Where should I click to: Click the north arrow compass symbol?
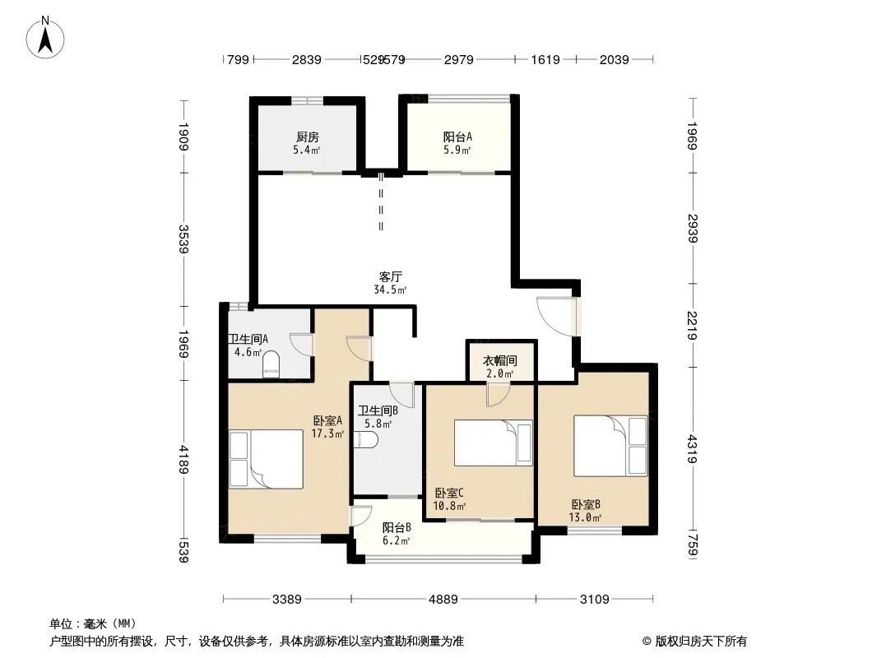[x=45, y=37]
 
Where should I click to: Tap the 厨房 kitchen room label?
[x=307, y=137]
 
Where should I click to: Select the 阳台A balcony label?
[x=457, y=137]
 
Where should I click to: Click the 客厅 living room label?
[x=391, y=276]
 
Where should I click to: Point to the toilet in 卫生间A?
[x=270, y=364]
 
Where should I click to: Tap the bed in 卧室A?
[x=267, y=459]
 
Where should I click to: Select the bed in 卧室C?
[x=493, y=443]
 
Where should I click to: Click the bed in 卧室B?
[x=610, y=446]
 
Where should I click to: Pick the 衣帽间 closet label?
[x=499, y=360]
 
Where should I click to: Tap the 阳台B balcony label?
[x=397, y=527]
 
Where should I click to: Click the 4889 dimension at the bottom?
[x=443, y=600]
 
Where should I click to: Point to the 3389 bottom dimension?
[x=287, y=600]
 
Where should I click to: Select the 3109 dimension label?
[x=594, y=600]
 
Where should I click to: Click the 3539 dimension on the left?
[x=183, y=239]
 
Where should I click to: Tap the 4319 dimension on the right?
[x=692, y=449]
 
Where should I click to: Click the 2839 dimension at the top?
[x=307, y=59]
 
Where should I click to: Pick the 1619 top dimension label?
[x=545, y=59]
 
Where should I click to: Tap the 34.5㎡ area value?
[x=390, y=290]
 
